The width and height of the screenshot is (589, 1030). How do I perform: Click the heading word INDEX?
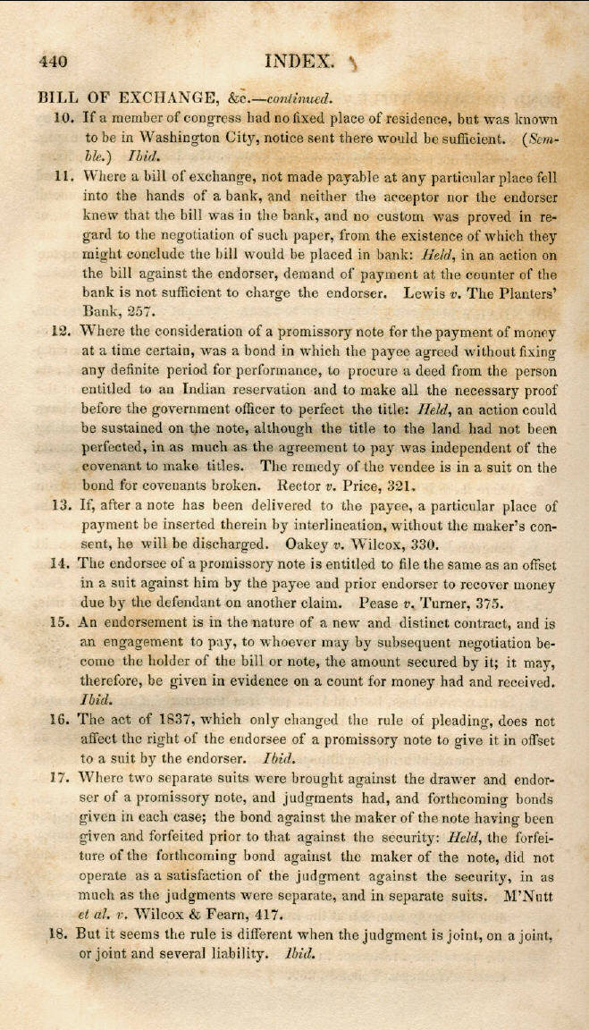tap(300, 62)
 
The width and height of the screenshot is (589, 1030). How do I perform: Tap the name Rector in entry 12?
tap(302, 486)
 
